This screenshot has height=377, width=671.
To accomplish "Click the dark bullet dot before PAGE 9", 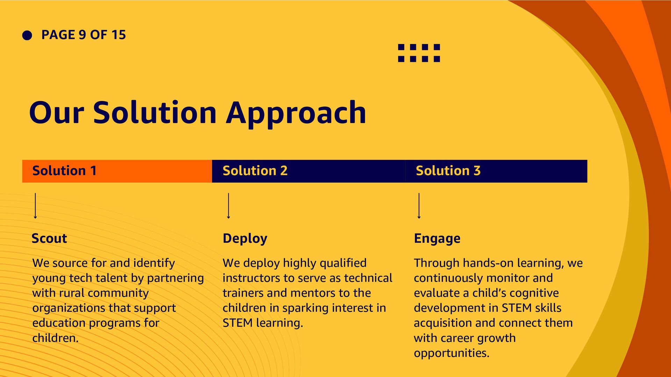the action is [27, 35].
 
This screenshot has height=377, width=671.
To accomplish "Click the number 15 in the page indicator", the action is [118, 35].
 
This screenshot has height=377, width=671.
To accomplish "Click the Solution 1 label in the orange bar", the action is [64, 171].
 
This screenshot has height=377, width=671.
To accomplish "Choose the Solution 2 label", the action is [255, 171].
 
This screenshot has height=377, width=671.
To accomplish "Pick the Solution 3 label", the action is [448, 171].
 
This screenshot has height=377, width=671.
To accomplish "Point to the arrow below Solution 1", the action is [35, 206].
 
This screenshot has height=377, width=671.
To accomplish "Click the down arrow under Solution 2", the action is [229, 206].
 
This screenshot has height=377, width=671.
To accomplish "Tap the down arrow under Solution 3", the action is [419, 206].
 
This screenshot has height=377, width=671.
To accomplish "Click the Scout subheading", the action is [49, 238].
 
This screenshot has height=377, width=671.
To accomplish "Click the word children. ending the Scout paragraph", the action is [56, 338].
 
